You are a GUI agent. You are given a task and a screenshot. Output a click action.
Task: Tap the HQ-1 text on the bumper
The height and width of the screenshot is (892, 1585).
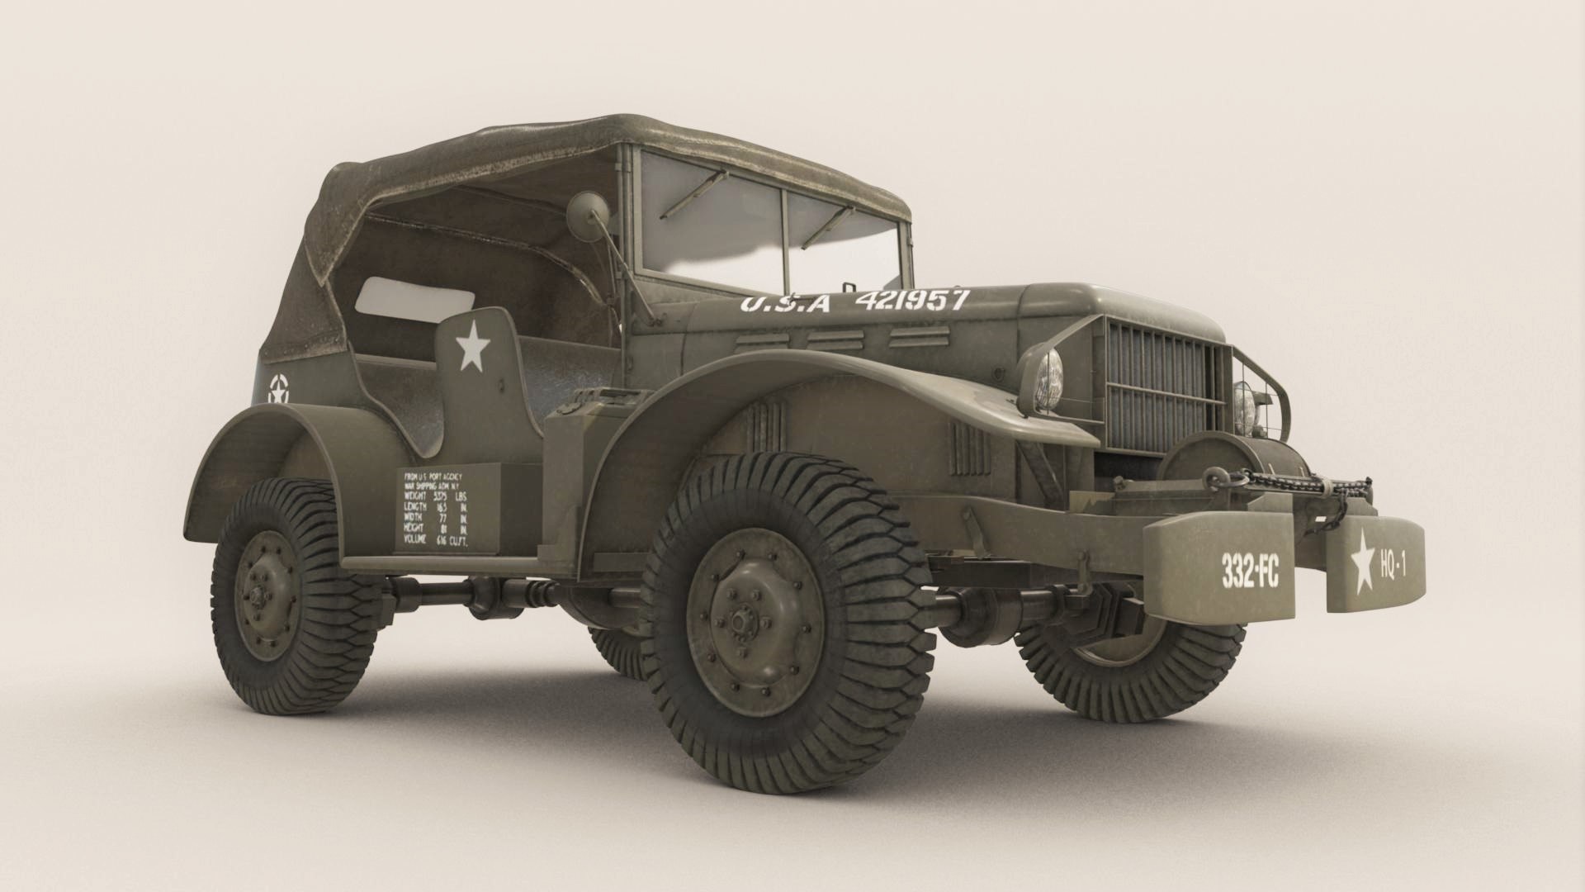click(1392, 566)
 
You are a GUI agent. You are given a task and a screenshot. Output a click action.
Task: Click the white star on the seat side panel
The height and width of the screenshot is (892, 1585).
click(472, 348)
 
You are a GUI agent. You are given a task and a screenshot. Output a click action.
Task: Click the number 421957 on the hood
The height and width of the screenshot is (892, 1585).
click(911, 300)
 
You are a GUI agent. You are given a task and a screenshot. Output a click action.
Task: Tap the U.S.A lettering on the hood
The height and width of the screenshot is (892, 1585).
click(784, 303)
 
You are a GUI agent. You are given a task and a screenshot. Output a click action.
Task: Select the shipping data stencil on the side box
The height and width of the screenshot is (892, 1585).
click(446, 508)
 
